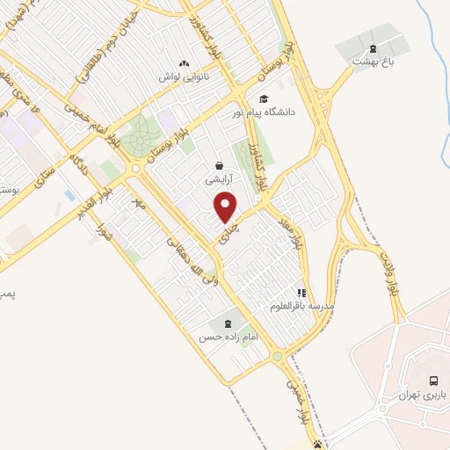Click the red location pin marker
pyautogui.click(x=227, y=208)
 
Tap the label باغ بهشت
pyautogui.click(x=370, y=62)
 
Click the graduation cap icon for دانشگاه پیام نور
pyautogui.click(x=264, y=98)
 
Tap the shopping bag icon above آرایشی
pyautogui.click(x=219, y=165)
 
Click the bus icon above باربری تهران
pyautogui.click(x=433, y=381)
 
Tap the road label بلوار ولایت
pyautogui.click(x=388, y=272)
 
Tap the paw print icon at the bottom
pyautogui.click(x=318, y=444)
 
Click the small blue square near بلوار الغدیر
pyautogui.click(x=69, y=194)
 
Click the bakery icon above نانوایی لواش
pyautogui.click(x=184, y=63)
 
